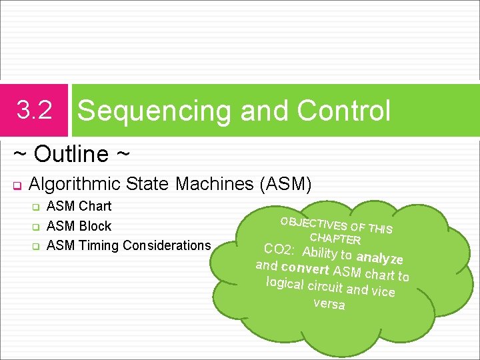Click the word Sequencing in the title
(155, 111)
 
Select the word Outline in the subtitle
(71, 154)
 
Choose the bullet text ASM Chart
(79, 206)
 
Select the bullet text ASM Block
(79, 226)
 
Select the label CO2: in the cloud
(279, 250)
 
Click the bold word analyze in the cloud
(379, 258)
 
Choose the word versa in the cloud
(329, 304)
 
